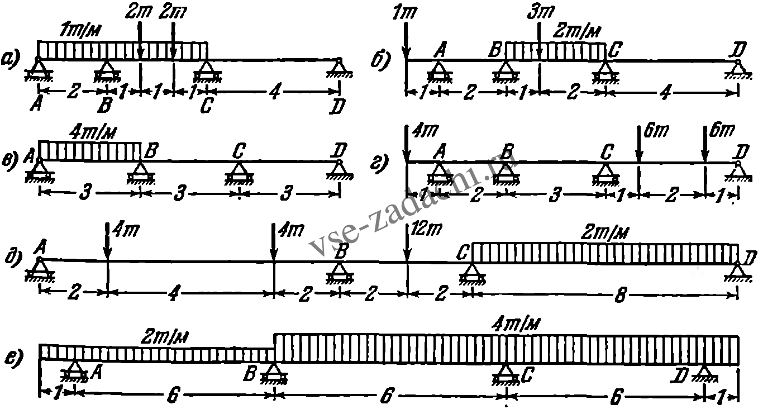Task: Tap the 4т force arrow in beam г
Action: [406, 145]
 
